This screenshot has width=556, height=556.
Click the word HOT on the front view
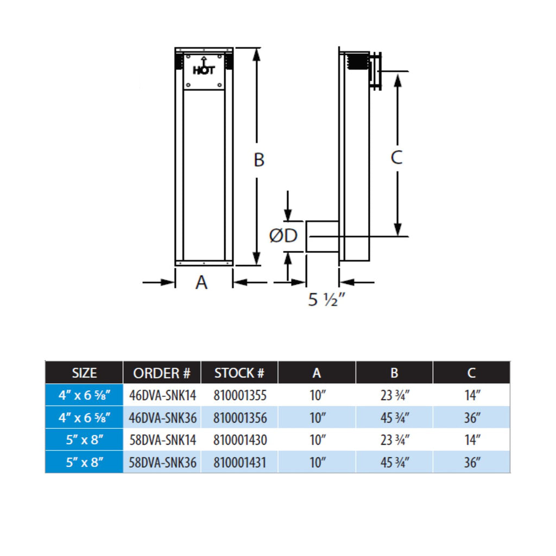click(x=204, y=70)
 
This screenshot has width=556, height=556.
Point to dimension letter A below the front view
click(x=201, y=282)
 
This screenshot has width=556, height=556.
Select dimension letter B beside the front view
click(x=259, y=160)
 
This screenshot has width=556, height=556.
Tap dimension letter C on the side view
click(x=396, y=157)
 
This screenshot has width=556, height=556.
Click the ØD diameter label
click(x=283, y=236)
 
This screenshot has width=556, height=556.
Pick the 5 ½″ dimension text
click(x=326, y=300)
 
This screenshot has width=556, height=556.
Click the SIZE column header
click(x=84, y=373)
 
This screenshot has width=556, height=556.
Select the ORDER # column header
click(x=162, y=373)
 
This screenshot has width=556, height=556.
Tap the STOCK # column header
click(x=239, y=373)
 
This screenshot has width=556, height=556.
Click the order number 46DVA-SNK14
click(x=162, y=395)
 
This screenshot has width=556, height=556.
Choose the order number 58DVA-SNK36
click(x=162, y=463)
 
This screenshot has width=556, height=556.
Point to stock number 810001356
click(x=239, y=418)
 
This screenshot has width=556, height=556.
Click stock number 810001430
click(x=239, y=440)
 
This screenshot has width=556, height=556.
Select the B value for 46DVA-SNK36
click(x=395, y=418)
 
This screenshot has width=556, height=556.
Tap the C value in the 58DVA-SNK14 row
click(x=472, y=440)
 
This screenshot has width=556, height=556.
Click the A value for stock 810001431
click(x=317, y=463)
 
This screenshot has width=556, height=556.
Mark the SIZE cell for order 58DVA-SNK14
click(x=84, y=440)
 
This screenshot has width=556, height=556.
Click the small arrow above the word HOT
click(x=204, y=61)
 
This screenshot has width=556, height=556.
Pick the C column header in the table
click(x=471, y=373)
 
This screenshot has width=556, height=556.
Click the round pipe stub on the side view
click(x=323, y=237)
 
